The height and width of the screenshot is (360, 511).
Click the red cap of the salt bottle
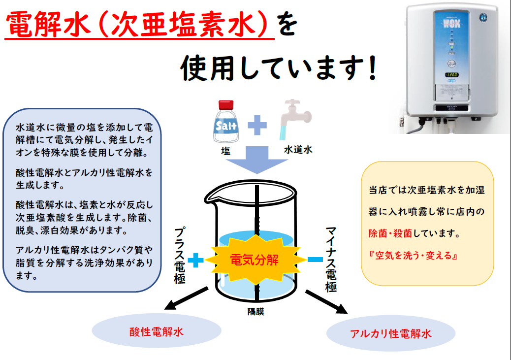[x=226, y=105]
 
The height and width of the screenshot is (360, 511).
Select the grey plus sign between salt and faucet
[x=257, y=125]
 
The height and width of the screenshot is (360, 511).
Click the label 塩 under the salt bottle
[x=225, y=151]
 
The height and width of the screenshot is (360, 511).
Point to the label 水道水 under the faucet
[x=298, y=150]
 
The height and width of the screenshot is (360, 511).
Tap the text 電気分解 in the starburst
[x=254, y=260]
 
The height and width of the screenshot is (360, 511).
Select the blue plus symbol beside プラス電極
[x=195, y=260]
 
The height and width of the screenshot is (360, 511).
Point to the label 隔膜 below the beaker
[x=255, y=311]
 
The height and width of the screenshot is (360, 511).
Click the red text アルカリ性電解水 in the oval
[x=391, y=333]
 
